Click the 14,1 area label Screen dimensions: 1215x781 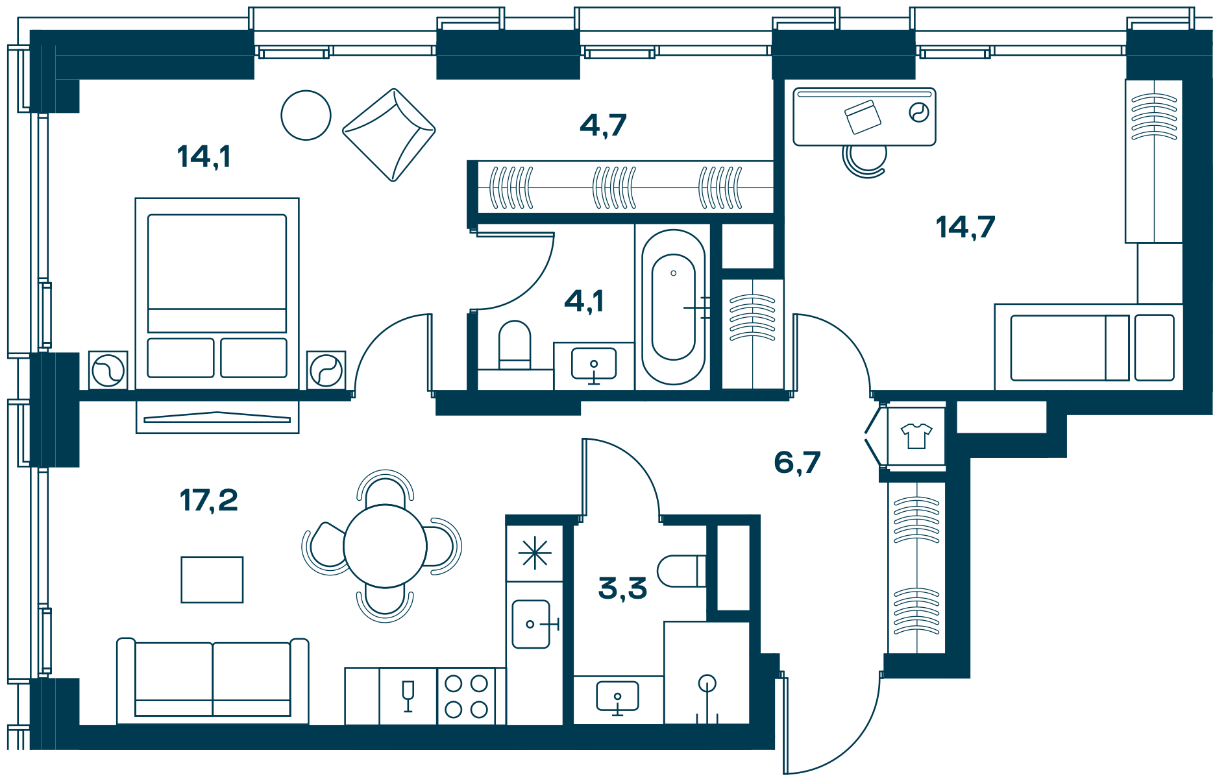coord(204,157)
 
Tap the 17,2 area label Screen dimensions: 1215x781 coord(209,501)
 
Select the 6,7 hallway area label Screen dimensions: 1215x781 coord(797,463)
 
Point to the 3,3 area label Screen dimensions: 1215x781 coord(622,588)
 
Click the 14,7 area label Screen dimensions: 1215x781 coord(966,227)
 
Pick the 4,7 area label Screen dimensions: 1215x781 coord(603,125)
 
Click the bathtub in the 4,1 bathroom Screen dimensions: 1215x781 coord(674,307)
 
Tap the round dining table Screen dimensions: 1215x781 coord(385,546)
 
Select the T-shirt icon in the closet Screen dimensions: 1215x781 coord(916,436)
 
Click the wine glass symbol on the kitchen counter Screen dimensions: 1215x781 coord(408,696)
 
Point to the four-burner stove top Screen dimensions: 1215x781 coord(466,697)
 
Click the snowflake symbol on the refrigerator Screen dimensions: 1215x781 coord(535,553)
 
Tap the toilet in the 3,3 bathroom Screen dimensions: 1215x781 coord(681,571)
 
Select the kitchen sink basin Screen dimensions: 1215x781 coord(532,624)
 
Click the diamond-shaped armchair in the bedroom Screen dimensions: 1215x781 coord(389,135)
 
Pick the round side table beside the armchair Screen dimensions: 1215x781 coord(306,115)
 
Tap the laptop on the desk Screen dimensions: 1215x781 coord(863,117)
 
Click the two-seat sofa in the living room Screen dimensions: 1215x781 coord(213,681)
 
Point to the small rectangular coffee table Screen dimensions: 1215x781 coord(212,580)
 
